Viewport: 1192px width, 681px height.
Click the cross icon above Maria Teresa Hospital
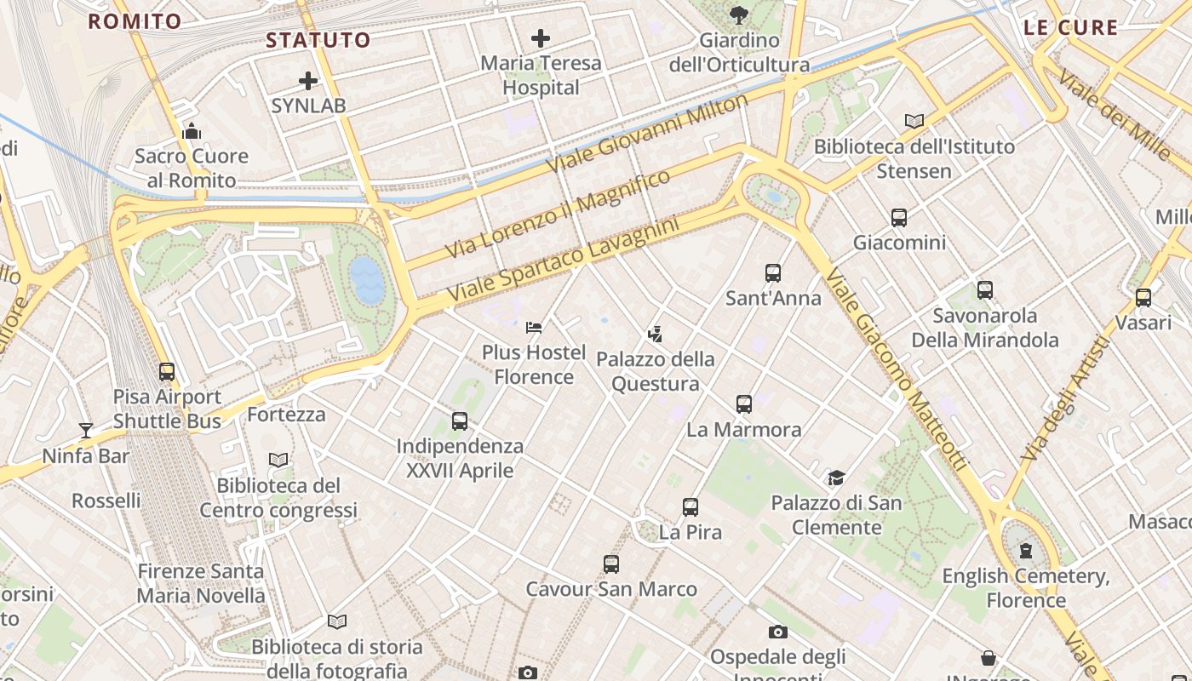coord(540,38)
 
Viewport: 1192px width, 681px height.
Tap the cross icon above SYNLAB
coord(308,82)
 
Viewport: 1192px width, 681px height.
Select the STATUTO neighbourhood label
coord(318,40)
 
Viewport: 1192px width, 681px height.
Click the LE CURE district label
coord(1070,27)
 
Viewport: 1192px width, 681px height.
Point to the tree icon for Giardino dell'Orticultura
coord(738,14)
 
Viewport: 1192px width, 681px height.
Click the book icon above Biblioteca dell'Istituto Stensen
coord(914,122)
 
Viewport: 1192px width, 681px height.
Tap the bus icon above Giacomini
coord(899,218)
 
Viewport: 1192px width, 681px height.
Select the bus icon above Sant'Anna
coord(773,273)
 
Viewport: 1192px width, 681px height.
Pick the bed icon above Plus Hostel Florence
coord(534,328)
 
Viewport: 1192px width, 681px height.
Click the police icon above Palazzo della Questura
coord(655,334)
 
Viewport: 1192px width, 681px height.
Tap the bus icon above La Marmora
coord(744,404)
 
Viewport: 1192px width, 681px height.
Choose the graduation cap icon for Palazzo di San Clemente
coord(836,478)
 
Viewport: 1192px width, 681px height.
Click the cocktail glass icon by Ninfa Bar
coord(86,431)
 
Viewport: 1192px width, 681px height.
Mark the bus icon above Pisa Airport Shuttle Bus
coord(167,372)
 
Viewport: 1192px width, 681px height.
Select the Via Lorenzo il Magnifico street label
coord(558,214)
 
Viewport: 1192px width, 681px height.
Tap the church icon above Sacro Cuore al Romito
coord(192,131)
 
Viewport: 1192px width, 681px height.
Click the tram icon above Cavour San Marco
coord(611,564)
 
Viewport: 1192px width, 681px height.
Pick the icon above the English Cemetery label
coord(1026,551)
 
